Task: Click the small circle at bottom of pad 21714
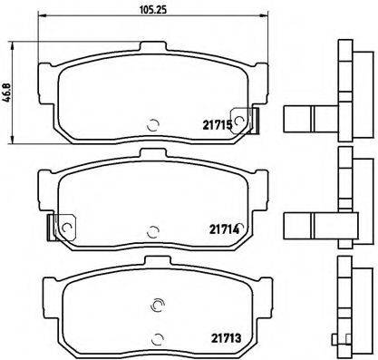[x=152, y=228]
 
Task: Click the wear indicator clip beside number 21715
[x=243, y=118]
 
